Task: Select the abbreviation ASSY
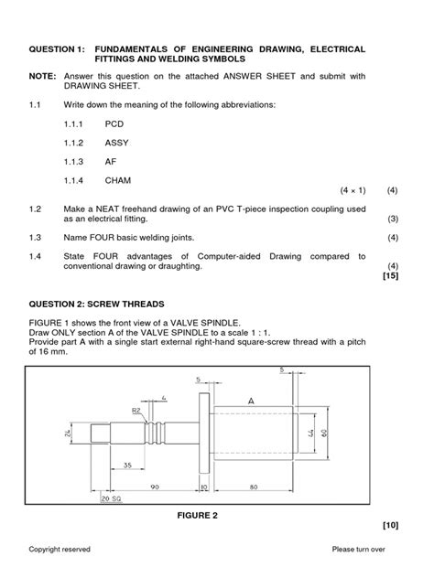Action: pos(117,143)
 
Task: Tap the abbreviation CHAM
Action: pos(118,181)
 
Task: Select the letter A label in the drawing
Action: pos(251,401)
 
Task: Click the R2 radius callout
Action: pos(136,412)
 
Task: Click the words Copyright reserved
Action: pos(60,549)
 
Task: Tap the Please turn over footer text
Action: pos(365,549)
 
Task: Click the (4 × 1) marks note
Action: pos(353,190)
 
